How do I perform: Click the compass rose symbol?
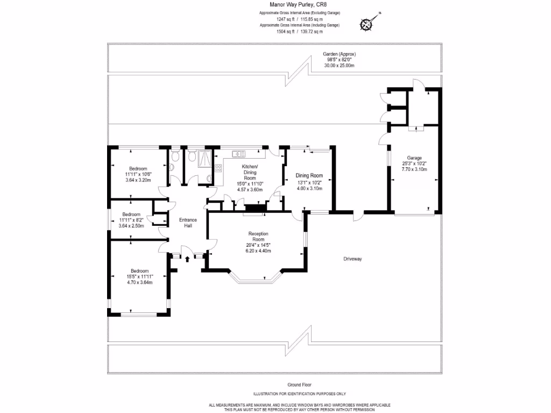[x=367, y=24]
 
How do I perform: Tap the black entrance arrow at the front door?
[x=187, y=259]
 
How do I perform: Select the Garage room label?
[x=414, y=158]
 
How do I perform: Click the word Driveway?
[x=352, y=259]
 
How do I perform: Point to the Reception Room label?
[x=258, y=237]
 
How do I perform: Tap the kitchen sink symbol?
[x=237, y=154]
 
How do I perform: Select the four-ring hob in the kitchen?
[x=218, y=168]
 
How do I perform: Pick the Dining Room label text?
[x=309, y=175]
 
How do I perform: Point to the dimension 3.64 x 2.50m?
[x=131, y=226]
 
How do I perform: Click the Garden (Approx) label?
[x=339, y=54]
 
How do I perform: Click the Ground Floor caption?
[x=300, y=384]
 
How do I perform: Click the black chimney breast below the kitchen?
[x=255, y=208]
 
